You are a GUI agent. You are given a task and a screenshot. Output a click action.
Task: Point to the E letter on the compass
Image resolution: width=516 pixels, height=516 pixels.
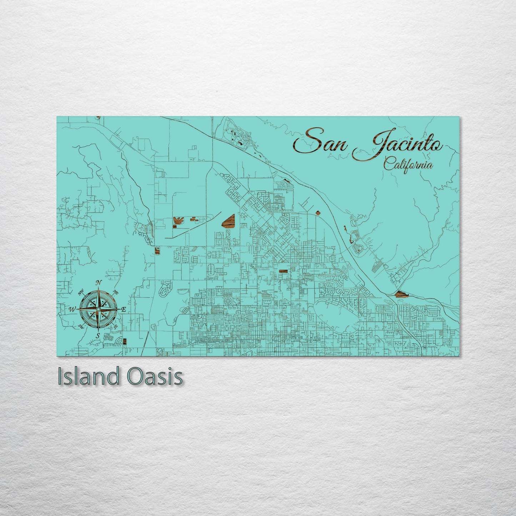tap(124, 310)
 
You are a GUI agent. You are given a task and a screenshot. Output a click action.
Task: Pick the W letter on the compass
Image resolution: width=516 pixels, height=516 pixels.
tap(73, 309)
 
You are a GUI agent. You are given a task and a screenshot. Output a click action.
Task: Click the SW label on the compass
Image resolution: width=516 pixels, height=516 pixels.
tap(81, 326)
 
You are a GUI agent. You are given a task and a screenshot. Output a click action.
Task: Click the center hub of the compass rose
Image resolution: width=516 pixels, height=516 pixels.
tap(99, 309)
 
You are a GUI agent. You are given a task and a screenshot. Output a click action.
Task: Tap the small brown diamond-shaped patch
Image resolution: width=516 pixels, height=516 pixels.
tap(317, 213)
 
